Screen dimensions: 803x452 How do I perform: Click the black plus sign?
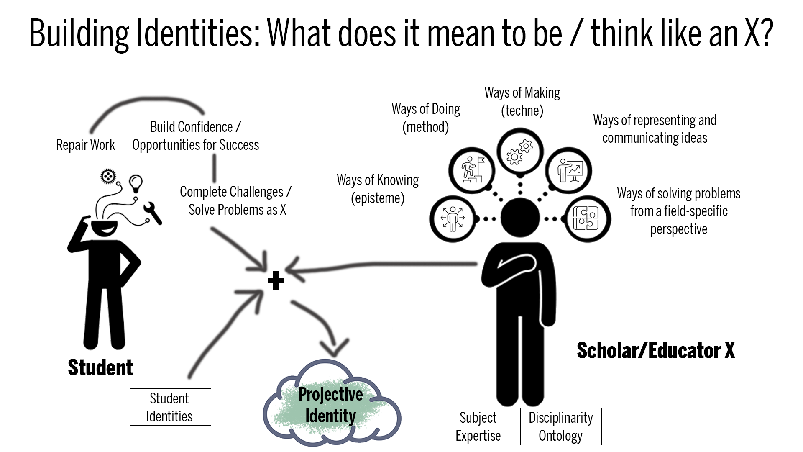pyautogui.click(x=276, y=280)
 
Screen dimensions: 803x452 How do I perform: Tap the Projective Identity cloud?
pyautogui.click(x=332, y=403)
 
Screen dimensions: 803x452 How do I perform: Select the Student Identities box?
pyautogui.click(x=170, y=407)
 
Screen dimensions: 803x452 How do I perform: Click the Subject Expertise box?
pyautogui.click(x=479, y=426)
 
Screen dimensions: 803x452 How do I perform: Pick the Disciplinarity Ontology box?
pyautogui.click(x=561, y=426)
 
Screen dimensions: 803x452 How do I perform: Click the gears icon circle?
pyautogui.click(x=520, y=151)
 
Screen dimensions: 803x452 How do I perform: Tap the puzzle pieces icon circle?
pyautogui.click(x=587, y=218)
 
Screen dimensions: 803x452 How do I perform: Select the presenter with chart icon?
pyautogui.click(x=569, y=170)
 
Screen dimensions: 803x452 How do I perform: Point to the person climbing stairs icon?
pyautogui.click(x=472, y=170)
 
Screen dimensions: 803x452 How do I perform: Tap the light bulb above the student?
pyautogui.click(x=136, y=183)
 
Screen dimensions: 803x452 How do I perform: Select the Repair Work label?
pyautogui.click(x=85, y=145)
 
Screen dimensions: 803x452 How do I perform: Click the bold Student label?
pyautogui.click(x=100, y=368)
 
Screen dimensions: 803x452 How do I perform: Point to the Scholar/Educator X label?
pyautogui.click(x=656, y=351)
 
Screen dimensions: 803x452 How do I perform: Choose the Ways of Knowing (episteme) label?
pyautogui.click(x=378, y=189)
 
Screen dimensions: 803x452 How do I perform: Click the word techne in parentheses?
pyautogui.click(x=522, y=110)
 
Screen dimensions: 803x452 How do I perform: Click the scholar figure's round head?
pyautogui.click(x=520, y=218)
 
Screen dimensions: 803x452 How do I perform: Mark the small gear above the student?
pyautogui.click(x=108, y=176)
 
